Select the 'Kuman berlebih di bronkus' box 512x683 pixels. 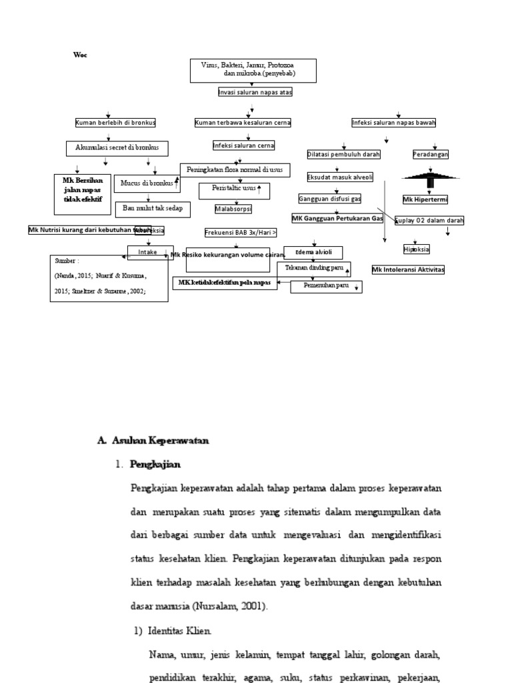(x=115, y=123)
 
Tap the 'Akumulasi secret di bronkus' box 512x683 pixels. (x=117, y=148)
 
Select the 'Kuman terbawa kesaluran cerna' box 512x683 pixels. (x=243, y=123)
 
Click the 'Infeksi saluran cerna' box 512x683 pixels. (x=243, y=145)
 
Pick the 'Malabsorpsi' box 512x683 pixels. (x=233, y=209)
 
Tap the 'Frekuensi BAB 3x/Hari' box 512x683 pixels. (x=241, y=232)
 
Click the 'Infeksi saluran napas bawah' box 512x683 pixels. (x=394, y=123)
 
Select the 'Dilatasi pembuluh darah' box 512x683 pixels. (x=343, y=154)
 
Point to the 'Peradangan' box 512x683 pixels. (x=431, y=154)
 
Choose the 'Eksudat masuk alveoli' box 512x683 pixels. (x=340, y=177)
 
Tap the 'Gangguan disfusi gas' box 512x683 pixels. (x=329, y=199)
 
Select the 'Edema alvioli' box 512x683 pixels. (x=313, y=252)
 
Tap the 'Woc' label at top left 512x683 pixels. (x=79, y=55)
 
